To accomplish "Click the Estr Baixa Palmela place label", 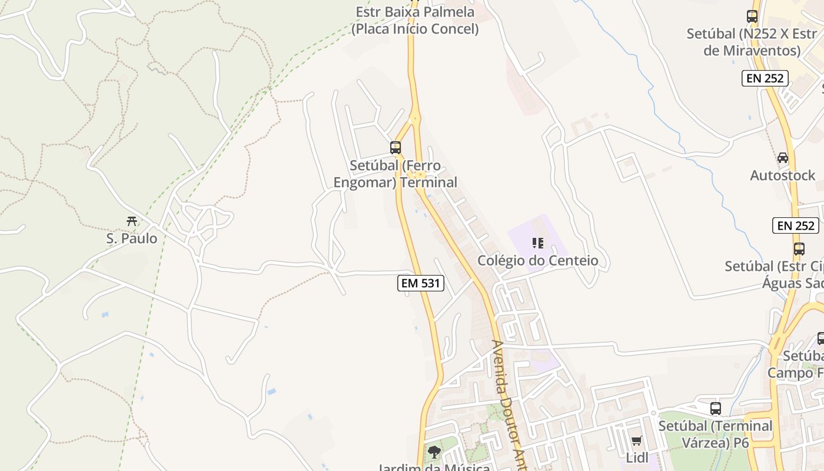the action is coord(415,20).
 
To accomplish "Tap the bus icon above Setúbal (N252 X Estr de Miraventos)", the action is coord(752,16).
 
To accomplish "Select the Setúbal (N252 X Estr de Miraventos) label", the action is coord(752,42).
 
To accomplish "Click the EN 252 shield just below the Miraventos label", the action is coord(765,78).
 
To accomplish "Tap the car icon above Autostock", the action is coord(783,158).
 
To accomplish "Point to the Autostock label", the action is coord(783,175).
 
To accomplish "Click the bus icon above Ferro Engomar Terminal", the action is coord(396,148).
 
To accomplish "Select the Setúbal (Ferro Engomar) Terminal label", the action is coord(396,174).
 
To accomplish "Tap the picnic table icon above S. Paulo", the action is coord(132,221).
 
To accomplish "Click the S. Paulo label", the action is coord(132,238).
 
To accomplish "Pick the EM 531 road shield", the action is coord(420,283).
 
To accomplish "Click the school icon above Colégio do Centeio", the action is coord(537,243).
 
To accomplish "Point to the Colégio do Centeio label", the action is coord(537,260).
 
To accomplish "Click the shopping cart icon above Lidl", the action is coord(636,441).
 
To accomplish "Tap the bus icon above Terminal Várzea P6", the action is coord(716,408).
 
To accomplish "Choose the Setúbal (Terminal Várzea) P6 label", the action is coord(716,434).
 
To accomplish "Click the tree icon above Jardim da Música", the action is coord(434,452).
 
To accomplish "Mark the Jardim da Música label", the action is coord(434,467).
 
